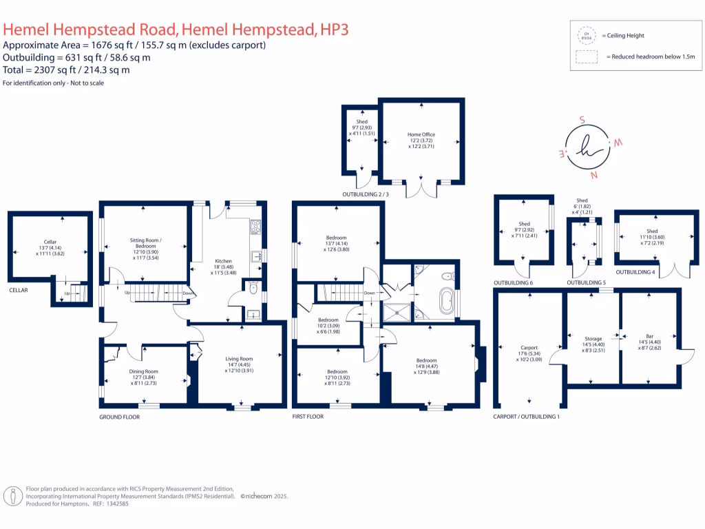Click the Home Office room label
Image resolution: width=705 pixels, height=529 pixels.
[421, 135]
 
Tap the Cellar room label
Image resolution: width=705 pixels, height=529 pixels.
[50, 242]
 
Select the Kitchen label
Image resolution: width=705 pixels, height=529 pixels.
[223, 261]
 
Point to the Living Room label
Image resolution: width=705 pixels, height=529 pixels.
[239, 359]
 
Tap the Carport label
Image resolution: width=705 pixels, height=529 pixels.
[529, 348]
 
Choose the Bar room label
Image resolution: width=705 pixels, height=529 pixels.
[651, 338]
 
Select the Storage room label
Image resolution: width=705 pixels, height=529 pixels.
[593, 339]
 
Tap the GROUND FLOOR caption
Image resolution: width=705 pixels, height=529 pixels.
[120, 417]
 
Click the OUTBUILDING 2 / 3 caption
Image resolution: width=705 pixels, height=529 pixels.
[366, 195]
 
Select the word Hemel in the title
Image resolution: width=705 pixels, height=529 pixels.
[27, 29]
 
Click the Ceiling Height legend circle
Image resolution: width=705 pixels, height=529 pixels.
[587, 35]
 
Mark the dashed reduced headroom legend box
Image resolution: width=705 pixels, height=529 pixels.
[587, 56]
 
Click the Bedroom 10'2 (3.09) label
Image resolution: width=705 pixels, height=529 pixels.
[328, 320]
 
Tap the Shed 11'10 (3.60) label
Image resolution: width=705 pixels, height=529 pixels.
[652, 231]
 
